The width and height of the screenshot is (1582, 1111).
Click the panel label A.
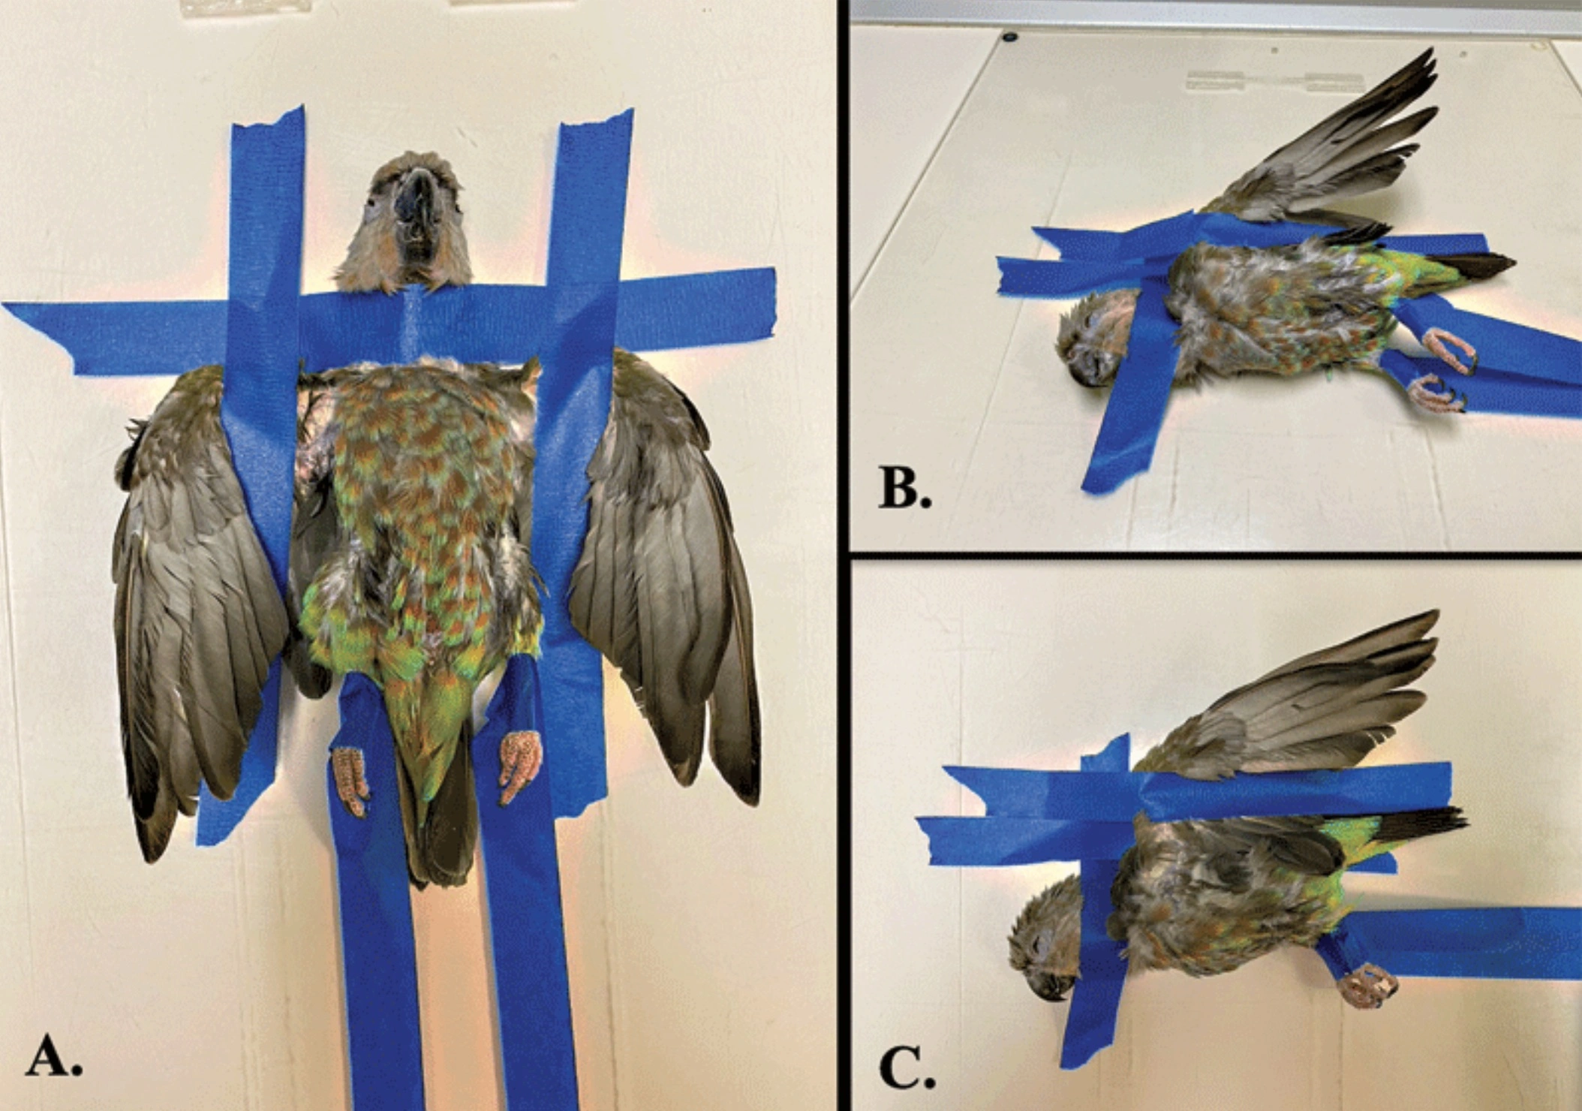(x=54, y=1061)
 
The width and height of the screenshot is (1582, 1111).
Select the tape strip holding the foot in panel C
(x=1463, y=942)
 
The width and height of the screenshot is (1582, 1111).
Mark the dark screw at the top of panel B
(x=1009, y=35)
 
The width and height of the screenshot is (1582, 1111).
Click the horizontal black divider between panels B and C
(x=1216, y=555)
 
